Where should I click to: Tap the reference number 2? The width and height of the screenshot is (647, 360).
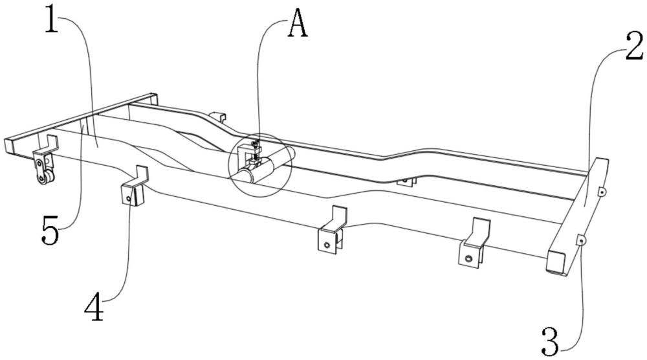[635, 47]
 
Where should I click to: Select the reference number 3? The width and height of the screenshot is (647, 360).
[551, 341]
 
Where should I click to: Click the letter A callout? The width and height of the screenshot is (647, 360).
[298, 24]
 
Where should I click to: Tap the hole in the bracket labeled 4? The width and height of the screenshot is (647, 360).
[129, 199]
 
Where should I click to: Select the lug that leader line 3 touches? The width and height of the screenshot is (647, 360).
[580, 240]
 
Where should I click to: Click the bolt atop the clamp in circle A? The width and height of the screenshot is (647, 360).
[256, 144]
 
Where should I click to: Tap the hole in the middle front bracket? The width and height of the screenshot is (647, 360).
[327, 245]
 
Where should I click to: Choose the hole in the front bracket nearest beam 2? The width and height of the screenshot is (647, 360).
[468, 259]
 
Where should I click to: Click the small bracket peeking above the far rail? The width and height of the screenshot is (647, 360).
[218, 116]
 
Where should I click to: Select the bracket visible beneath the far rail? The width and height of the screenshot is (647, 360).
[406, 181]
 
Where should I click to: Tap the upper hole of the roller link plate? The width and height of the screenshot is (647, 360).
[39, 164]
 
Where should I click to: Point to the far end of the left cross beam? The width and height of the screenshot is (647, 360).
[153, 98]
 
